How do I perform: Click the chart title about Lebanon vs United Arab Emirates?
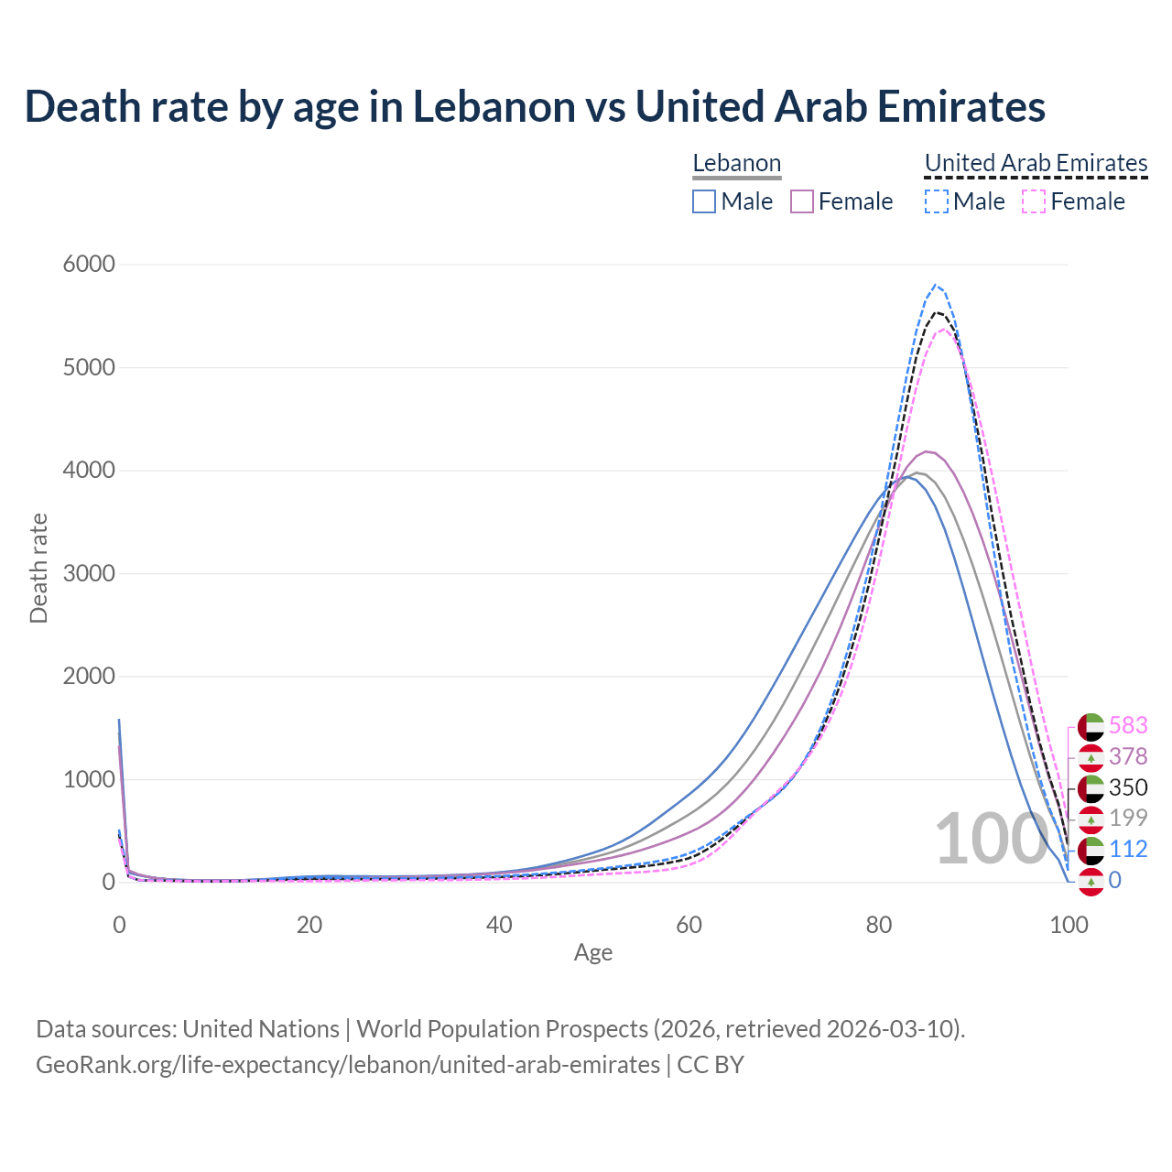coord(535,106)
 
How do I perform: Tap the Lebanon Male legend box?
coord(704,201)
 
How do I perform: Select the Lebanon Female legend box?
coord(802,201)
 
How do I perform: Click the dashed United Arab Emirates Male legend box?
coord(936,201)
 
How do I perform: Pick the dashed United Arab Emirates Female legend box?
coord(1034,201)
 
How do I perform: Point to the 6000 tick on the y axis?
coord(89,265)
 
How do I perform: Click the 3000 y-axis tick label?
coord(89,574)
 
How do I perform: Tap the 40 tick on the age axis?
coord(499,925)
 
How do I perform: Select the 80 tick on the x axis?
coord(879,925)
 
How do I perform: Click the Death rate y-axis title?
coord(38,569)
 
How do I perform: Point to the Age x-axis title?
coord(593,953)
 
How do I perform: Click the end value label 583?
coord(1128,725)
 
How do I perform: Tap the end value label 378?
coord(1128,756)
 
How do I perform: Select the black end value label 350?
coord(1128,787)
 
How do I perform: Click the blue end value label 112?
coord(1128,849)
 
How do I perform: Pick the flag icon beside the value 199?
coord(1091,819)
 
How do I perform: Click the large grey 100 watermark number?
coord(991,839)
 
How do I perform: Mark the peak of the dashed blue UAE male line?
coord(935,285)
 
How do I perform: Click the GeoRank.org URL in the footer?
coord(348,1065)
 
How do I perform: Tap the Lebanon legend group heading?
coord(736,163)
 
